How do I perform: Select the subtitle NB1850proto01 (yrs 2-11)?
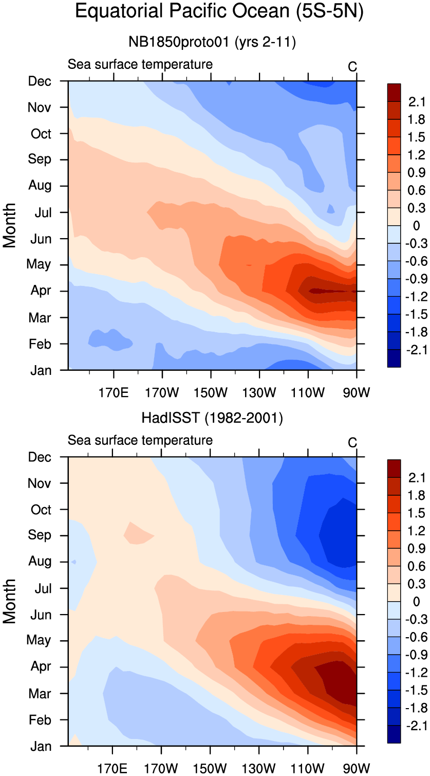click(212, 43)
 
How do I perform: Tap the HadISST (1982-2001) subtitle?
click(212, 419)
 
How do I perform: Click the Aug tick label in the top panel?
click(40, 185)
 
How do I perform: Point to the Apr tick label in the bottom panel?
click(40, 666)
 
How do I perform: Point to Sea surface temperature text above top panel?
click(140, 65)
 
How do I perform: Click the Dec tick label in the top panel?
click(40, 81)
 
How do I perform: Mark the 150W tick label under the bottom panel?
click(210, 770)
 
